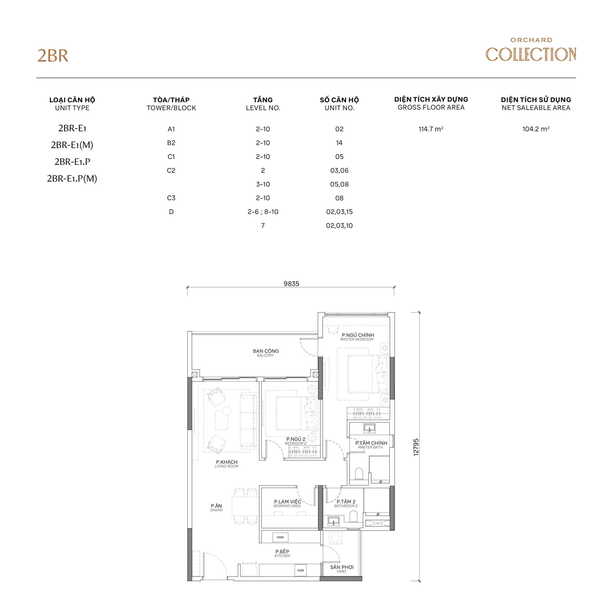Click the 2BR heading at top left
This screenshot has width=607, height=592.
tap(53, 56)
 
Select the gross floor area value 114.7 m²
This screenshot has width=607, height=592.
tap(431, 129)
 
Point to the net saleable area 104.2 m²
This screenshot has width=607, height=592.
tap(536, 129)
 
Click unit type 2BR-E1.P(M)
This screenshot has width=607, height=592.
tap(72, 179)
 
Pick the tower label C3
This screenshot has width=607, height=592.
tap(171, 198)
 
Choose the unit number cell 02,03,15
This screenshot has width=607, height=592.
tap(339, 212)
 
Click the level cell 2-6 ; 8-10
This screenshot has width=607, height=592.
tap(263, 212)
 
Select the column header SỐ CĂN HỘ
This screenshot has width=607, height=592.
tap(339, 100)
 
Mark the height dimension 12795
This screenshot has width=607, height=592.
tap(416, 447)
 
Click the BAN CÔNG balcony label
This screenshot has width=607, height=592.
tap(266, 353)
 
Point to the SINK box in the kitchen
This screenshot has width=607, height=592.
tap(280, 537)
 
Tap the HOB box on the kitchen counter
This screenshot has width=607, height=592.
tap(300, 570)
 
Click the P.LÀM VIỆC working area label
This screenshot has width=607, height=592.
tap(287, 503)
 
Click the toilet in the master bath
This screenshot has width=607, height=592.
tap(359, 474)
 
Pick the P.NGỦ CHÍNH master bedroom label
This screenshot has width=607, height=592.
tap(358, 337)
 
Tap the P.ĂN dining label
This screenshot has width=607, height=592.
tap(216, 507)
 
